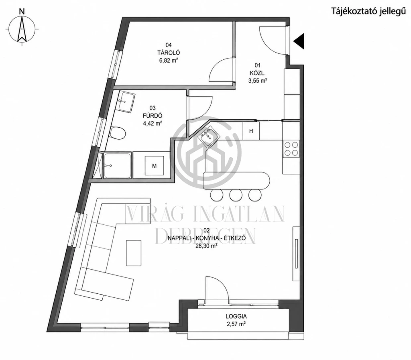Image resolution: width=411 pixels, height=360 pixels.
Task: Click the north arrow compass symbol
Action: [x=22, y=28]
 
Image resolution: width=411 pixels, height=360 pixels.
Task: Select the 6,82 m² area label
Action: [x=169, y=61]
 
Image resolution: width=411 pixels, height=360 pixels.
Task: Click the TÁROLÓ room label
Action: [x=169, y=53]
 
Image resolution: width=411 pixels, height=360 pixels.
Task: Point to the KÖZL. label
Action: [x=257, y=73]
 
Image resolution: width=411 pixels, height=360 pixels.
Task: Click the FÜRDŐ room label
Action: [x=152, y=116]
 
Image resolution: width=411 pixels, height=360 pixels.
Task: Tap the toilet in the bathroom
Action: [x=118, y=133]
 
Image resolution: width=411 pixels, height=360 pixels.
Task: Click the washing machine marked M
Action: [x=155, y=166]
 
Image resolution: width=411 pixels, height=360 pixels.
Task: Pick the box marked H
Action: [x=251, y=131]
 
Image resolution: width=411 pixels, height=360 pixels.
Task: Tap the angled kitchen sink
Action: [x=208, y=136]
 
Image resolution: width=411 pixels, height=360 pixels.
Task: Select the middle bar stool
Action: [x=236, y=195]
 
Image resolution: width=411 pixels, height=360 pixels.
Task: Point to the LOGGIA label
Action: [x=236, y=317]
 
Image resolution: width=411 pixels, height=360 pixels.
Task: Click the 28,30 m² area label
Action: [x=206, y=246]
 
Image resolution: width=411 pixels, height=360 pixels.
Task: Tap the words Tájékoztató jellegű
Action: [x=368, y=12]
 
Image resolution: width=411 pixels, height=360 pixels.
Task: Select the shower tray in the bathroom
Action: [x=118, y=166]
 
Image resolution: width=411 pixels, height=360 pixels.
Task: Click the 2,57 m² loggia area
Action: [x=236, y=324]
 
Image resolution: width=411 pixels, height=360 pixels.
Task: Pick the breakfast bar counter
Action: [x=236, y=181]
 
